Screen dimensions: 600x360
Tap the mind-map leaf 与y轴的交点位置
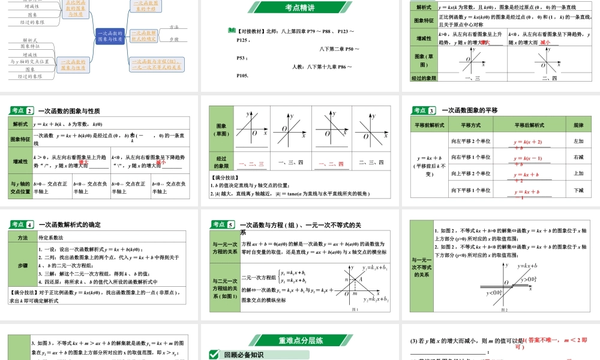coord(29,61)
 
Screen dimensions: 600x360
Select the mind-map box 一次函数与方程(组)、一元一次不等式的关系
coord(157,64)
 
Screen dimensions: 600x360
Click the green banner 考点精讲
coord(299,7)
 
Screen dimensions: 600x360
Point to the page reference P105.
coord(242,76)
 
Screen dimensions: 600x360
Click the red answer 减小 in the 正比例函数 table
coord(545,43)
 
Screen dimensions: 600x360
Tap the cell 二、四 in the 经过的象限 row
coord(549,78)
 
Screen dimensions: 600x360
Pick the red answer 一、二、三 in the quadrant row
coord(251,163)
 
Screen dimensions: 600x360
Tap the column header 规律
coord(578,125)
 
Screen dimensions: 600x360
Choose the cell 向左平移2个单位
coord(470,142)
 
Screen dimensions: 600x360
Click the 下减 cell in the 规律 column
coord(578,190)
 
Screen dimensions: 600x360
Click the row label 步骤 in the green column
coord(22,265)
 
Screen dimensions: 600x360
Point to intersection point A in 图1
coord(360,279)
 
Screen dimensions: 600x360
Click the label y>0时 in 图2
coord(527,279)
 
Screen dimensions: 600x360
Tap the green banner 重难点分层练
coord(301,340)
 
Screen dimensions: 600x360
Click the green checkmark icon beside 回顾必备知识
coord(214,355)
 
